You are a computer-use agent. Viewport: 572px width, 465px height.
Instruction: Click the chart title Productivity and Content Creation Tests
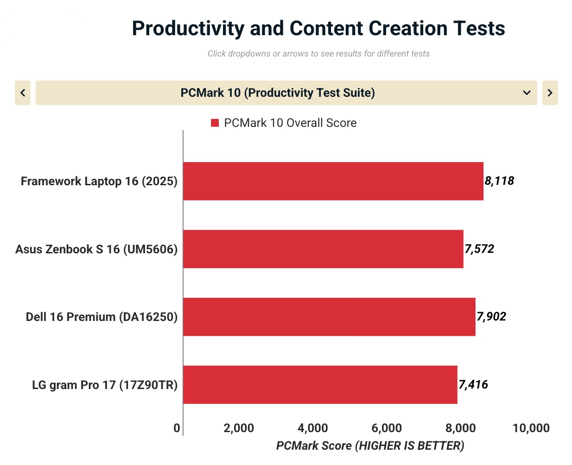click(318, 28)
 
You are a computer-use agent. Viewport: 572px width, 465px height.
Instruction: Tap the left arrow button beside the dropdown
click(23, 93)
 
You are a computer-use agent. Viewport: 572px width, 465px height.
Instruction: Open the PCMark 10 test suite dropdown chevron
click(527, 93)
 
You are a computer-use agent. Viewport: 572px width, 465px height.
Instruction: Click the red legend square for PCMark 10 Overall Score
click(215, 123)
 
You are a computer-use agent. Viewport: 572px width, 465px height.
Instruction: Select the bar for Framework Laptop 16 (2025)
click(333, 181)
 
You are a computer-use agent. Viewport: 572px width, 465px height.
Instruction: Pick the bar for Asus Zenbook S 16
click(323, 249)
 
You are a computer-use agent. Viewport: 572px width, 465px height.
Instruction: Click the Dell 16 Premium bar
click(329, 317)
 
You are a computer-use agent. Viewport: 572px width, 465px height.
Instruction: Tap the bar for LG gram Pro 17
click(320, 384)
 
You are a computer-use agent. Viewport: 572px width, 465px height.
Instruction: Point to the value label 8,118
click(499, 181)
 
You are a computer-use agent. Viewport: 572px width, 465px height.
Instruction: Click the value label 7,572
click(479, 249)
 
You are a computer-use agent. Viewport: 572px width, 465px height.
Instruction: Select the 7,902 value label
click(491, 317)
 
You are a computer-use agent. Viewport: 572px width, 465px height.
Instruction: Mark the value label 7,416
click(473, 384)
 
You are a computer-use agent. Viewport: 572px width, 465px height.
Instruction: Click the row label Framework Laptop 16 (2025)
click(99, 181)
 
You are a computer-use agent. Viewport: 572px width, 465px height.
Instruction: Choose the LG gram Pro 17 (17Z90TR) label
click(105, 385)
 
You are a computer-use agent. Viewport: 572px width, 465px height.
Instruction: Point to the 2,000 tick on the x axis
click(239, 428)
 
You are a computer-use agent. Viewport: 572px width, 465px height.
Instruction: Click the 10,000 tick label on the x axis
click(531, 428)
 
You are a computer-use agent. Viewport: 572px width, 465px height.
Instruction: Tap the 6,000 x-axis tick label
click(387, 428)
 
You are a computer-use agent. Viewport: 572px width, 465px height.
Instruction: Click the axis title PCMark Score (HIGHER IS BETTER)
click(370, 446)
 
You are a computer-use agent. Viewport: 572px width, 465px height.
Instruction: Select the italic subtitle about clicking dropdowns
click(318, 54)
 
